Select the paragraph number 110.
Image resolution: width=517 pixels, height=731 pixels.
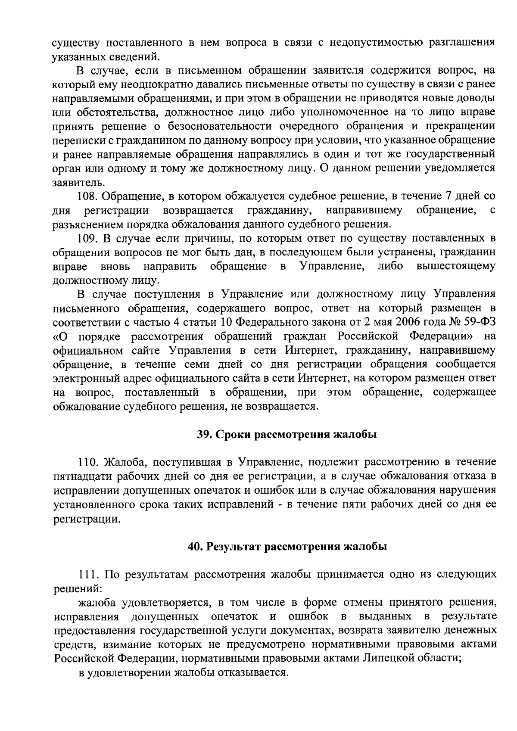[88, 463]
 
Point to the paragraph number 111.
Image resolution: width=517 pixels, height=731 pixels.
[88, 575]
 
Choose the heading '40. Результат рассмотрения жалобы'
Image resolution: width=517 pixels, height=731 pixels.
[288, 547]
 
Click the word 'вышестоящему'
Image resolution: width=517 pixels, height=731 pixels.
[456, 266]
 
